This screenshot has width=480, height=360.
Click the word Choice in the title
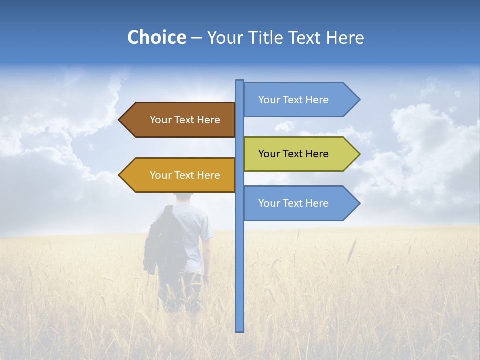[156, 37]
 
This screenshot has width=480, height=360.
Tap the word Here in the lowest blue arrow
[317, 203]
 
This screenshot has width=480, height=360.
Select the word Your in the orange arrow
[160, 175]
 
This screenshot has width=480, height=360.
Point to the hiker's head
[184, 198]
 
